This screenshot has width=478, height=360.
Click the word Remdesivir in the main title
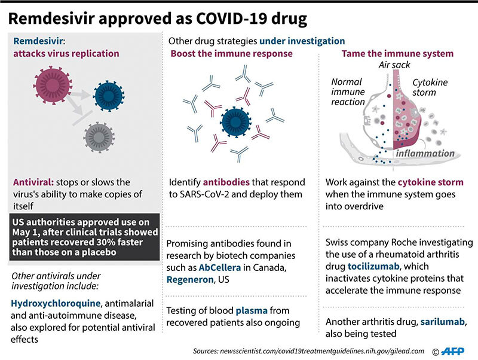pyautogui.click(x=51, y=19)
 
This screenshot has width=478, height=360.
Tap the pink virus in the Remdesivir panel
pyautogui.click(x=53, y=85)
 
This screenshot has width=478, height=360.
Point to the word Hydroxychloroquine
pyautogui.click(x=56, y=303)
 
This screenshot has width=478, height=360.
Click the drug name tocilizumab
pyautogui.click(x=373, y=266)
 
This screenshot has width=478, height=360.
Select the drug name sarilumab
pyautogui.click(x=443, y=322)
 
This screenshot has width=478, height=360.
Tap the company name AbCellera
pyautogui.click(x=219, y=267)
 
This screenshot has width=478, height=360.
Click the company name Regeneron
pyautogui.click(x=190, y=279)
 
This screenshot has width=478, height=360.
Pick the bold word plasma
pyautogui.click(x=252, y=310)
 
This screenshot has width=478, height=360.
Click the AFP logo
pyautogui.click(x=453, y=352)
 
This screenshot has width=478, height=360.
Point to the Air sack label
pyautogui.click(x=394, y=65)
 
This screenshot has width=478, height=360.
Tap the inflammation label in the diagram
pyautogui.click(x=425, y=153)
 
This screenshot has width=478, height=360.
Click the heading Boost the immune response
pyautogui.click(x=231, y=54)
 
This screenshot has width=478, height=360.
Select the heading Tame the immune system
pyautogui.click(x=397, y=54)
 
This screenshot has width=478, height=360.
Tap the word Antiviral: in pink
pyautogui.click(x=33, y=182)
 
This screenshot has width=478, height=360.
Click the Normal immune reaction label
pyautogui.click(x=348, y=92)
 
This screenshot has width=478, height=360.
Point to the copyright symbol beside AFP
pyautogui.click(x=436, y=352)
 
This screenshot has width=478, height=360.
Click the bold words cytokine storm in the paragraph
pyautogui.click(x=430, y=182)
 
